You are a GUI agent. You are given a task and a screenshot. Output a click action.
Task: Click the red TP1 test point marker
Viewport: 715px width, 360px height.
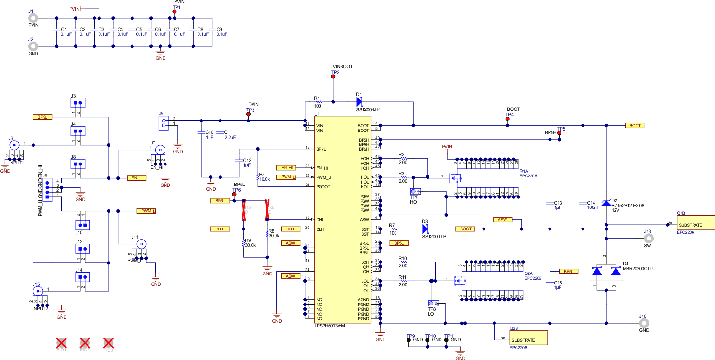click(x=175, y=12)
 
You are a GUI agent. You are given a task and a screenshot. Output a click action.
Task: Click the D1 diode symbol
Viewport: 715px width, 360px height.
click(x=359, y=101)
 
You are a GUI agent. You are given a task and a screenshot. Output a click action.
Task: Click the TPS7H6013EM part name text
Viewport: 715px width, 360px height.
click(x=330, y=325)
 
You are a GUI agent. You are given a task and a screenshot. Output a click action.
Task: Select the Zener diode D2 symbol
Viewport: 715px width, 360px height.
click(x=606, y=203)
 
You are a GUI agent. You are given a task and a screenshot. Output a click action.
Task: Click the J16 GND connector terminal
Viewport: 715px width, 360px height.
click(x=643, y=323)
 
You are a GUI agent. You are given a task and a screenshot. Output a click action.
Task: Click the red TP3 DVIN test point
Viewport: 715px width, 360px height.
click(x=249, y=115)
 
